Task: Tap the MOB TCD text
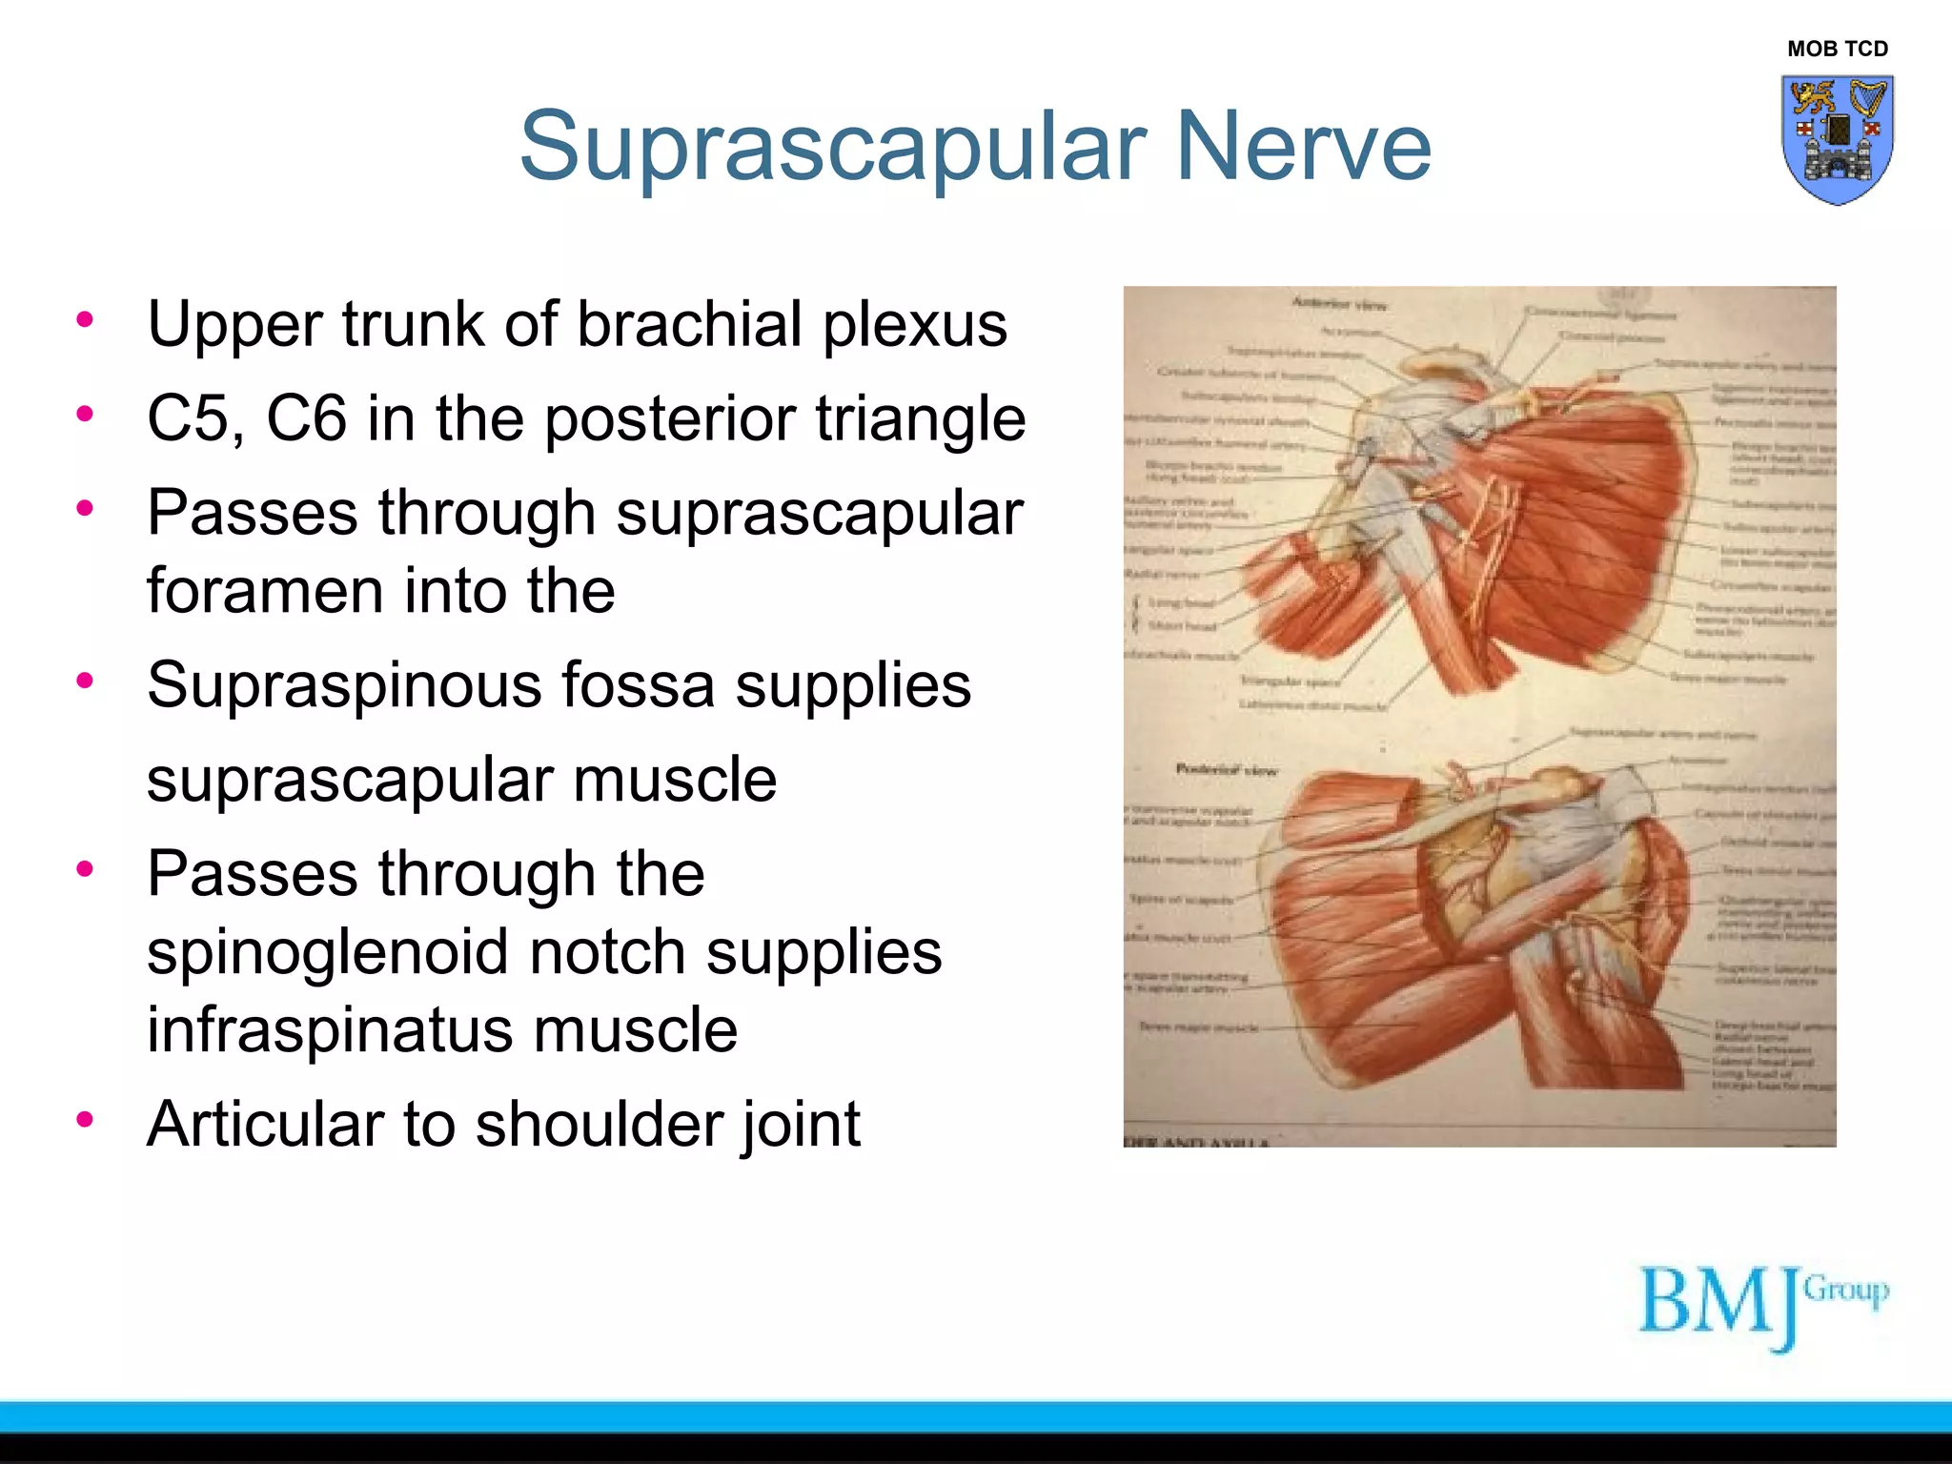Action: point(1837,49)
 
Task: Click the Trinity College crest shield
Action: point(1837,139)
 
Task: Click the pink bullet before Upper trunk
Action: point(86,319)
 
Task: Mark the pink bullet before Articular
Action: point(86,1119)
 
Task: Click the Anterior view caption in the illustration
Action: point(1338,304)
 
